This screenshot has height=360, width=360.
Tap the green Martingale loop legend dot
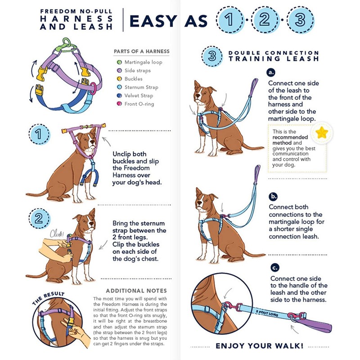(119, 62)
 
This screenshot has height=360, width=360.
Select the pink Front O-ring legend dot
(119, 104)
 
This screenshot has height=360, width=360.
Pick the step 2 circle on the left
(39, 219)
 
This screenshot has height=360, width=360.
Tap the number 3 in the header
(300, 20)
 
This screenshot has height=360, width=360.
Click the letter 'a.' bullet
(271, 72)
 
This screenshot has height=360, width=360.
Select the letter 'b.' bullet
(274, 196)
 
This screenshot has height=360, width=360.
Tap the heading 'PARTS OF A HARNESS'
(142, 51)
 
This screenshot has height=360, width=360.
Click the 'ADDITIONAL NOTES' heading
(136, 291)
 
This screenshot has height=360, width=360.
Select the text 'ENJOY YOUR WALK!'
(260, 346)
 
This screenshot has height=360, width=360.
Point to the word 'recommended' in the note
(290, 137)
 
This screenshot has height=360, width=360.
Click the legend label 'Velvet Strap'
(139, 95)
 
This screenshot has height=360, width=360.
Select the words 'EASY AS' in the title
(169, 21)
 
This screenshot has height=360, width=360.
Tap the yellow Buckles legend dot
(119, 79)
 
